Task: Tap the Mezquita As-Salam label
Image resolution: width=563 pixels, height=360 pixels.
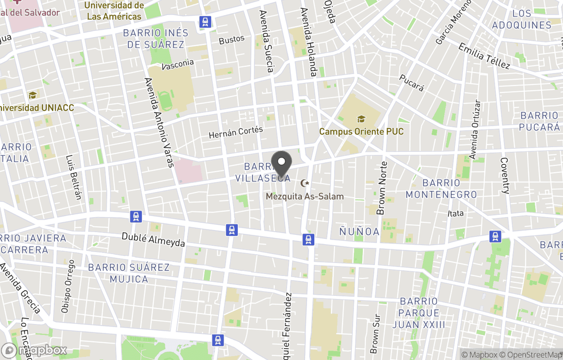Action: [305, 197]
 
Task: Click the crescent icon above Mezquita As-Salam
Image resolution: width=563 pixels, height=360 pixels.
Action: [305, 183]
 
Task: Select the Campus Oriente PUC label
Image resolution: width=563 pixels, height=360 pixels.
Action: [361, 131]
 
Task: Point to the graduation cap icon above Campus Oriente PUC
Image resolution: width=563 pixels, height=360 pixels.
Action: [361, 119]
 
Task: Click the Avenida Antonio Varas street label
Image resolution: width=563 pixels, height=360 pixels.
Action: [159, 123]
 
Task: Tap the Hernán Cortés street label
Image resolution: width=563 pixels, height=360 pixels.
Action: [236, 133]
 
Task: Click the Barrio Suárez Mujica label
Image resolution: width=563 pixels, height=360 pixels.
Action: [129, 273]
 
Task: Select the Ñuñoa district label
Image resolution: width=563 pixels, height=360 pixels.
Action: [359, 232]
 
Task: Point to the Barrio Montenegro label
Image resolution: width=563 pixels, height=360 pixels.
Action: [441, 189]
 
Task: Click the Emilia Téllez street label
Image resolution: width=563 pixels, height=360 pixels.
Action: [484, 56]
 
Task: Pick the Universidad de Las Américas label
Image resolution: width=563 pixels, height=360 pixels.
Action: [114, 11]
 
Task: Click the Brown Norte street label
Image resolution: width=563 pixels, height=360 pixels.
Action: [382, 188]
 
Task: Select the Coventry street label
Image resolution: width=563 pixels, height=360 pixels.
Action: [504, 175]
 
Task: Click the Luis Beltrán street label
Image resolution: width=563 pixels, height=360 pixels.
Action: [74, 177]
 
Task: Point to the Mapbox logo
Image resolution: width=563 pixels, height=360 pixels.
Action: [34, 350]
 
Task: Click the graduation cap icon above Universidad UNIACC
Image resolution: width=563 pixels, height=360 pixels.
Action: [32, 95]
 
